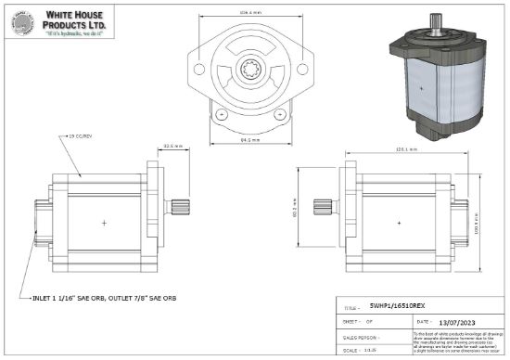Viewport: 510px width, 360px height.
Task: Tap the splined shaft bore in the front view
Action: click(250, 69)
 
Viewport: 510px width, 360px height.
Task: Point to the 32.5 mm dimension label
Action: click(172, 146)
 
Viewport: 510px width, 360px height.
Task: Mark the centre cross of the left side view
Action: click(104, 224)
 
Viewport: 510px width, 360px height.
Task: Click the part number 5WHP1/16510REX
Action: click(397, 304)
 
